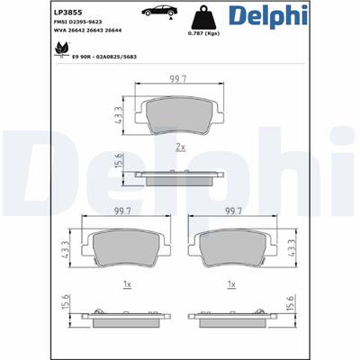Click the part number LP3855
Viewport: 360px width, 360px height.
tap(67, 13)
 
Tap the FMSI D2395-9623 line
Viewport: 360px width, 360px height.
tap(77, 22)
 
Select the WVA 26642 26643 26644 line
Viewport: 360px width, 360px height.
tap(87, 31)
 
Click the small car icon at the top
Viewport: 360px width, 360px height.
tap(159, 12)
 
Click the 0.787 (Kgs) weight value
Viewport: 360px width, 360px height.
tap(203, 33)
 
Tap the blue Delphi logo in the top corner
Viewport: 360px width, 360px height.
tap(268, 15)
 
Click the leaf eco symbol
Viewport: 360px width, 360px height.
tap(61, 49)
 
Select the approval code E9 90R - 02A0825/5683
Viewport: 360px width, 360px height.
tap(104, 57)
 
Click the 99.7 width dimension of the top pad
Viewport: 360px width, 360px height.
tap(178, 79)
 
